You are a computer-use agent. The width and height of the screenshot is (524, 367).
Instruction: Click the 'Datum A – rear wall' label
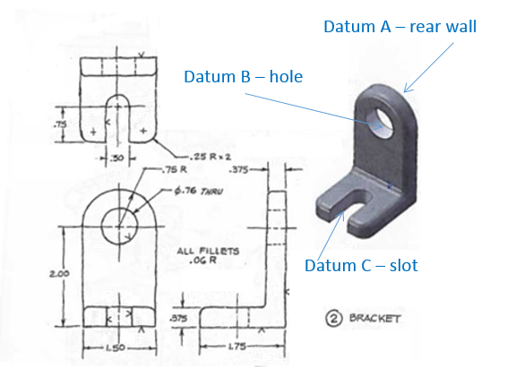400,27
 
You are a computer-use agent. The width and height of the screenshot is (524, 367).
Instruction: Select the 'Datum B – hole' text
244,77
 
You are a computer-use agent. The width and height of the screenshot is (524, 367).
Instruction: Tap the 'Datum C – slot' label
361,265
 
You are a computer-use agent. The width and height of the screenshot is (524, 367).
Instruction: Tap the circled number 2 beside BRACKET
330,317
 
